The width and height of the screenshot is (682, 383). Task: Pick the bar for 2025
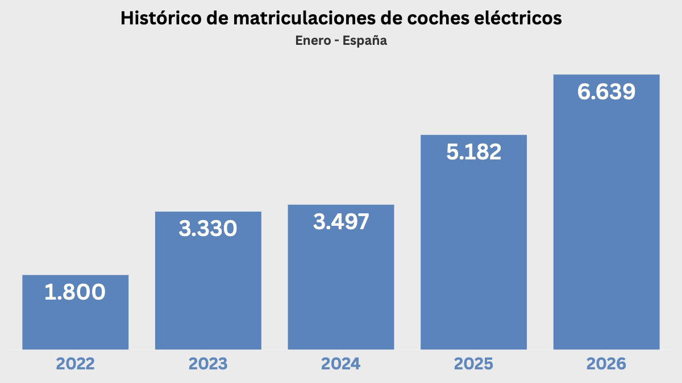click(x=473, y=255)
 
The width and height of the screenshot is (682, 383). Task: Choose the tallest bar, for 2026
click(x=606, y=227)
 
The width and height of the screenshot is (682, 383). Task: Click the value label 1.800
click(x=75, y=292)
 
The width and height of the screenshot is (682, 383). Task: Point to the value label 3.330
click(x=208, y=229)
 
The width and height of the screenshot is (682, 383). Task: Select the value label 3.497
click(x=341, y=222)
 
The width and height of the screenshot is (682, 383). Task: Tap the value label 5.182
click(x=473, y=152)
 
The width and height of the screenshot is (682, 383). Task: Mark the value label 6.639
click(x=606, y=92)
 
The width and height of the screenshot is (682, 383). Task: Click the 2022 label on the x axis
click(x=75, y=364)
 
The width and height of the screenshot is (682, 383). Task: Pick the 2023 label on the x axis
click(x=208, y=364)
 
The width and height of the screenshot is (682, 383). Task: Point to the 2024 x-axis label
click(x=341, y=364)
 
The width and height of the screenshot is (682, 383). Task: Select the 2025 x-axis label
click(x=473, y=364)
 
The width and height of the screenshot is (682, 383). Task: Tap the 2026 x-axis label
click(x=606, y=364)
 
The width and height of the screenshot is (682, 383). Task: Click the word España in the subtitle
click(x=364, y=41)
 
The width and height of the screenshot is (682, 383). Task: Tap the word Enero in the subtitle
click(x=311, y=41)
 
